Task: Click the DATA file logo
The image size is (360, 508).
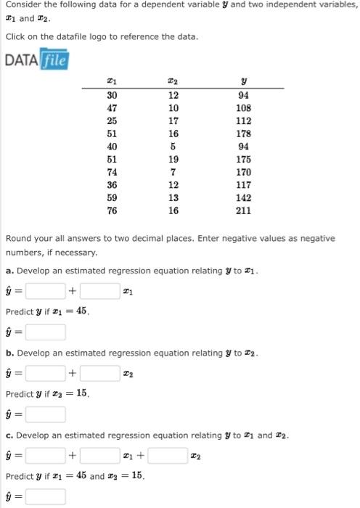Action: [x=36, y=59]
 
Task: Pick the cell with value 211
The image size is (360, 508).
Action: [x=244, y=211]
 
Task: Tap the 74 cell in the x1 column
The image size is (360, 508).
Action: [x=112, y=172]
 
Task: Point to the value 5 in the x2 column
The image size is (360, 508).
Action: [x=173, y=146]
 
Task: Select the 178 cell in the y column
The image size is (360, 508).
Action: [x=244, y=133]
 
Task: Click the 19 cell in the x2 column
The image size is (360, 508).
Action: [x=173, y=159]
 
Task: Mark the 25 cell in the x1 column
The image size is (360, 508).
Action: [x=112, y=120]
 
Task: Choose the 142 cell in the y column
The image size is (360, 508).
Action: [x=244, y=198]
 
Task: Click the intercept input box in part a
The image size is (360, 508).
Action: [x=46, y=292]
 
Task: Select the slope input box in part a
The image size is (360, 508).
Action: [x=99, y=292]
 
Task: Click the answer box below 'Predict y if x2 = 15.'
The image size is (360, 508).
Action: [x=46, y=414]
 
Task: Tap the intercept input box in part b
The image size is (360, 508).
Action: [x=46, y=374]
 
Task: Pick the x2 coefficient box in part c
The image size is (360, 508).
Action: [x=168, y=456]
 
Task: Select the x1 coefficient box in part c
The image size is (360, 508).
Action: [x=99, y=456]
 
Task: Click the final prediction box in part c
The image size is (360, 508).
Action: [x=46, y=497]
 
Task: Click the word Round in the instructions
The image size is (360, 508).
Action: [x=17, y=238]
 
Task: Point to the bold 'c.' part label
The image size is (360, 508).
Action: [x=9, y=435]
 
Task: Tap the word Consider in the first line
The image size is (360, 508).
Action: [x=22, y=4]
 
